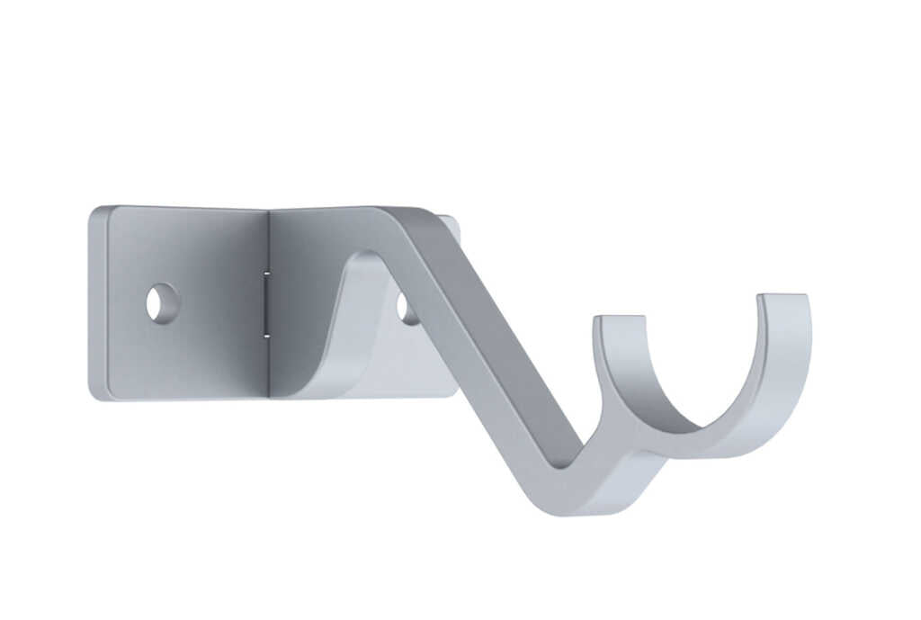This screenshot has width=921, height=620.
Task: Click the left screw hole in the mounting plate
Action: [x=162, y=302]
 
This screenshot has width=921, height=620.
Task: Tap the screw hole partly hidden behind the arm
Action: [x=407, y=309]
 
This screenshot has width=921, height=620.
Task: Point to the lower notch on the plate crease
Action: [x=267, y=335]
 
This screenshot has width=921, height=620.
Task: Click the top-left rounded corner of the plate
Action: [x=97, y=213]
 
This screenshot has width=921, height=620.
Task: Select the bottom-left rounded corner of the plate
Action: [x=96, y=392]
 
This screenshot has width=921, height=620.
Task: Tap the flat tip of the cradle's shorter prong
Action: [x=619, y=320]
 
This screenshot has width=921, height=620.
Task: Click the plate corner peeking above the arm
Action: [x=450, y=225]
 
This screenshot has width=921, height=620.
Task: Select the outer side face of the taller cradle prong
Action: [x=800, y=360]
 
